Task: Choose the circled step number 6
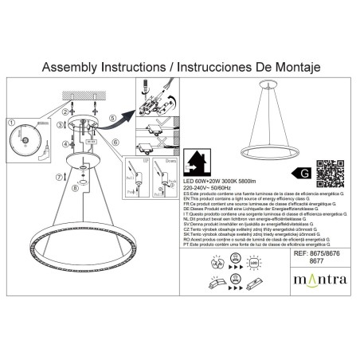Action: pos(138,143)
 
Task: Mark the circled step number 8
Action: pos(76,189)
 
